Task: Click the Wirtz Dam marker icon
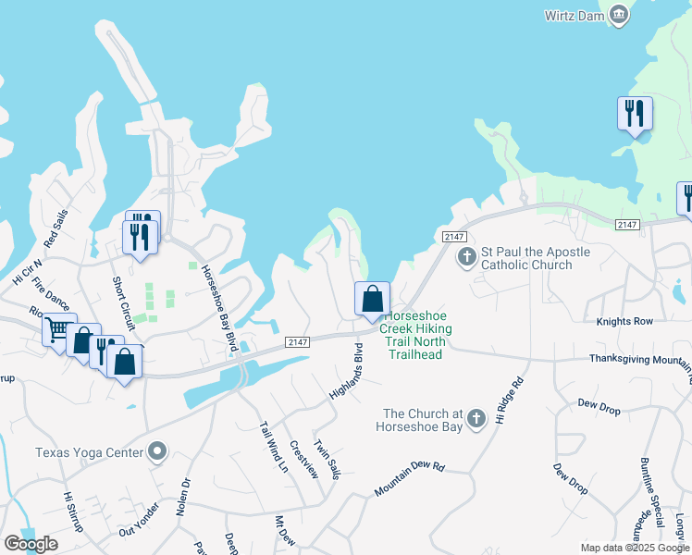[x=620, y=14]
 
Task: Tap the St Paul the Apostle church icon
[x=468, y=257]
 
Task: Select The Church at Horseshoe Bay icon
[x=476, y=420]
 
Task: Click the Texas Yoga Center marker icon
[x=157, y=452]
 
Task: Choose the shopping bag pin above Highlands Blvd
[x=372, y=300]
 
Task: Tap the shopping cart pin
[x=58, y=330]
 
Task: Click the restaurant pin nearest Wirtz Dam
[x=635, y=114]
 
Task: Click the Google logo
[x=31, y=544]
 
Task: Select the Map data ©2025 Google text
[x=634, y=548]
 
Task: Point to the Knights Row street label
[x=624, y=320]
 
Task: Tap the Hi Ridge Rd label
[x=510, y=401]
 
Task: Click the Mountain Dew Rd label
[x=410, y=479]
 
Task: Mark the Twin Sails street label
[x=327, y=459]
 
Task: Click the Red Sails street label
[x=54, y=232]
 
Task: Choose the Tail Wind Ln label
[x=274, y=447]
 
